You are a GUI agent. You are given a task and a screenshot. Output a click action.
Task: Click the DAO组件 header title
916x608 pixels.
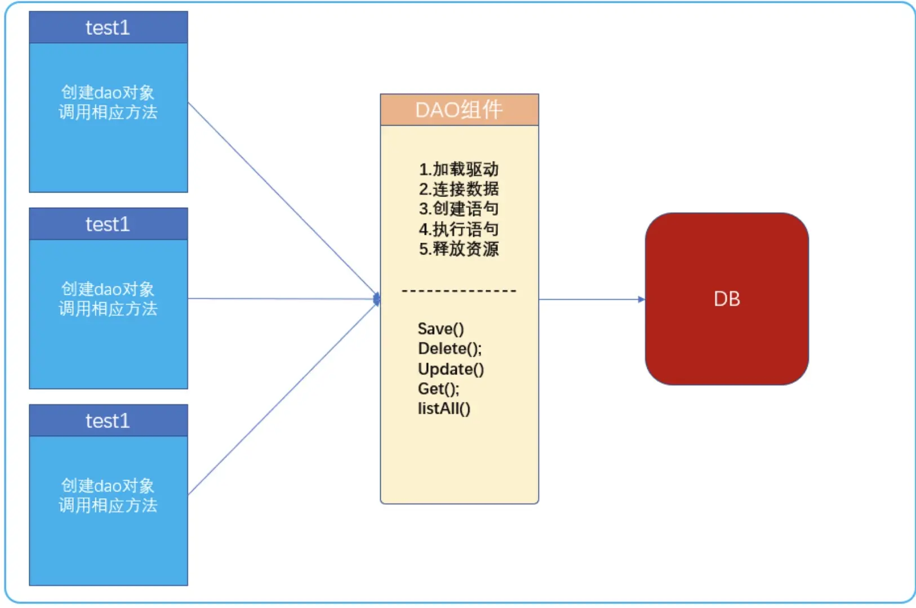(x=459, y=110)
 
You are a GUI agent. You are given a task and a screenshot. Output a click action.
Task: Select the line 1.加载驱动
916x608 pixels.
(x=459, y=169)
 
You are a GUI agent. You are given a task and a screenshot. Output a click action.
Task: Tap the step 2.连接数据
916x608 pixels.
(x=459, y=189)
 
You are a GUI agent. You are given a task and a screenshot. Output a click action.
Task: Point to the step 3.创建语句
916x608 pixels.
(x=459, y=209)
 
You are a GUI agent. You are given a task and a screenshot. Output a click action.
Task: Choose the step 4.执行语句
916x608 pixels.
(x=459, y=229)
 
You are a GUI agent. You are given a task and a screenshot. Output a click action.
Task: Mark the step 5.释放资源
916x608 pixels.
(x=459, y=249)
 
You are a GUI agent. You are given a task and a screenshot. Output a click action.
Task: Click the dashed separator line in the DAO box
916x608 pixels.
(x=459, y=291)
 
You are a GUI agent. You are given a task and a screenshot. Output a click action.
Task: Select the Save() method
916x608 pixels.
(x=441, y=329)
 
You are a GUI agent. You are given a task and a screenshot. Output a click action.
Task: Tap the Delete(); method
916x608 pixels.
(x=450, y=348)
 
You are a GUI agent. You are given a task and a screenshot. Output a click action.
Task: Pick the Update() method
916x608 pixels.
(x=451, y=369)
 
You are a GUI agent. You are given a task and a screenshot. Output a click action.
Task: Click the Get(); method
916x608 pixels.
(x=438, y=388)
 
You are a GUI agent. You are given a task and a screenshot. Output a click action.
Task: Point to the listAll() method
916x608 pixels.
(x=444, y=409)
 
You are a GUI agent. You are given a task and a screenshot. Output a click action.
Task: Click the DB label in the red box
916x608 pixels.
(x=727, y=299)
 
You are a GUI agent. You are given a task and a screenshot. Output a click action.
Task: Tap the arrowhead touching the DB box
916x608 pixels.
(x=641, y=299)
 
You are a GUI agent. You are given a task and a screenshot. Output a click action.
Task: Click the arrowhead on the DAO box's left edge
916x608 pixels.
(x=377, y=299)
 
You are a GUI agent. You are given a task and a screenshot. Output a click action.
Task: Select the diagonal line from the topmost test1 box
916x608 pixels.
(x=282, y=199)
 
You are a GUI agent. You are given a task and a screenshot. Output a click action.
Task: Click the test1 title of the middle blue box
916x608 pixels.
(x=108, y=224)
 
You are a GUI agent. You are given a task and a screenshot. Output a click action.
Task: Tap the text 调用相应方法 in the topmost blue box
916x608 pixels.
(x=108, y=113)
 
